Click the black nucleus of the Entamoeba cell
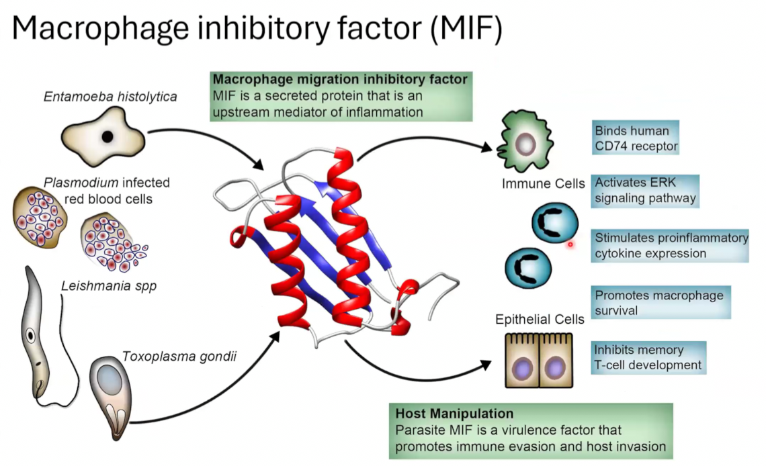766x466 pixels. [108, 136]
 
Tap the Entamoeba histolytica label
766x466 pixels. [110, 97]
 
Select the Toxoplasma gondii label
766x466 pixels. [179, 357]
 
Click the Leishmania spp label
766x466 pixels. [109, 286]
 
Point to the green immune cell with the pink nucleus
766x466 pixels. [525, 141]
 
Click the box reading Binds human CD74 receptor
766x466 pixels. [636, 138]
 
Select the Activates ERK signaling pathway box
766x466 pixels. [645, 191]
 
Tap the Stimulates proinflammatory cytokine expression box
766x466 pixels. [670, 246]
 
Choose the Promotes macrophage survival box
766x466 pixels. [661, 303]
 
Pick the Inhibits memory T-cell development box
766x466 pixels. [648, 358]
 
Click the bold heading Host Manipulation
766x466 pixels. [454, 414]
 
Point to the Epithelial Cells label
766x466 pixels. [540, 319]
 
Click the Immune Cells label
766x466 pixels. [543, 183]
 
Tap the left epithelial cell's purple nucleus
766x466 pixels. [522, 368]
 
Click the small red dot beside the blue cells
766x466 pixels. [570, 244]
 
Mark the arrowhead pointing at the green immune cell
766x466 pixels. [486, 147]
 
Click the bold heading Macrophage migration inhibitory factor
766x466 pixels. [340, 79]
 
